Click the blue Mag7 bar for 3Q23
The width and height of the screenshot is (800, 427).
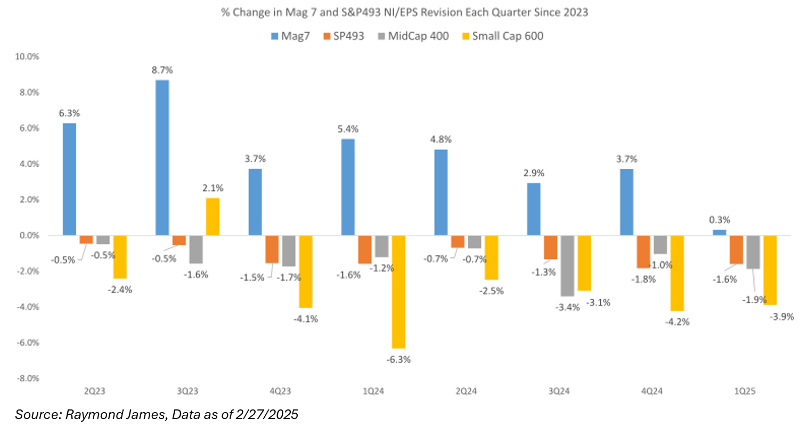click(x=162, y=158)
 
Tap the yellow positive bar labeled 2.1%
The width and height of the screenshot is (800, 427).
click(x=213, y=217)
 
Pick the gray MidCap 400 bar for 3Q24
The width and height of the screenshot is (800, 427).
click(x=568, y=266)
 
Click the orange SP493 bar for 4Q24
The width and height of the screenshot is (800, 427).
click(x=643, y=252)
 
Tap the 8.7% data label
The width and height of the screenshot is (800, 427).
click(x=162, y=70)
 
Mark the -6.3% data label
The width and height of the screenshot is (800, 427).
click(x=398, y=359)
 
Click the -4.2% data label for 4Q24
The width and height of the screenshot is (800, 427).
click(x=676, y=322)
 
